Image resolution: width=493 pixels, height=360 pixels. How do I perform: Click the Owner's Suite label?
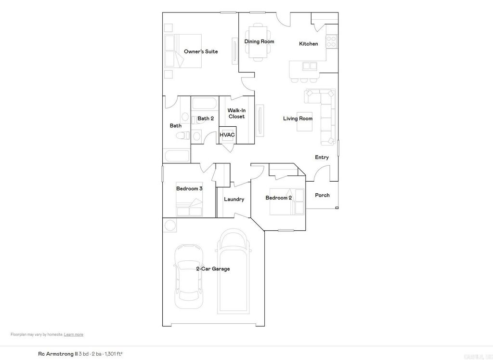pyautogui.click(x=201, y=52)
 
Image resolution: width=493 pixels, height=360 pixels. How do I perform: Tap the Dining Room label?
pyautogui.click(x=259, y=41)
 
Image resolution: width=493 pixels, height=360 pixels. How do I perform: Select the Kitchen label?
pyautogui.click(x=309, y=44)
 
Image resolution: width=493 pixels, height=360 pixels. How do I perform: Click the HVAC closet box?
pyautogui.click(x=227, y=135)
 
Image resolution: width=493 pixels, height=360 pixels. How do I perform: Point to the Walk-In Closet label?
pyautogui.click(x=236, y=113)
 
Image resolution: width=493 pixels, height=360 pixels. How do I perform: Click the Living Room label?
pyautogui.click(x=298, y=119)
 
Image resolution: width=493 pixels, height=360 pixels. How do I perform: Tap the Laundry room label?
pyautogui.click(x=234, y=199)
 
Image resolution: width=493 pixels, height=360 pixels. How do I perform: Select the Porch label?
pyautogui.click(x=322, y=195)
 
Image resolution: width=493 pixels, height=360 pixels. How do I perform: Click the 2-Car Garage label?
pyautogui.click(x=213, y=269)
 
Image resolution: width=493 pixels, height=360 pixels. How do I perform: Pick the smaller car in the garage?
pyautogui.click(x=188, y=277)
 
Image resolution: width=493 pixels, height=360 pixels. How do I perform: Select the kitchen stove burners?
pyautogui.click(x=331, y=41)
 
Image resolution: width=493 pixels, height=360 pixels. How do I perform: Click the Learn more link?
pyautogui.click(x=74, y=334)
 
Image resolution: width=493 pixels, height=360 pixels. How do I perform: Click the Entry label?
pyautogui.click(x=322, y=158)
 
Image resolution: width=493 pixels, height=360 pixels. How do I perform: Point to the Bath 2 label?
pyautogui.click(x=206, y=118)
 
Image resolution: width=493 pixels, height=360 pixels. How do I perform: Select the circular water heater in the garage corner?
pyautogui.click(x=170, y=225)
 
